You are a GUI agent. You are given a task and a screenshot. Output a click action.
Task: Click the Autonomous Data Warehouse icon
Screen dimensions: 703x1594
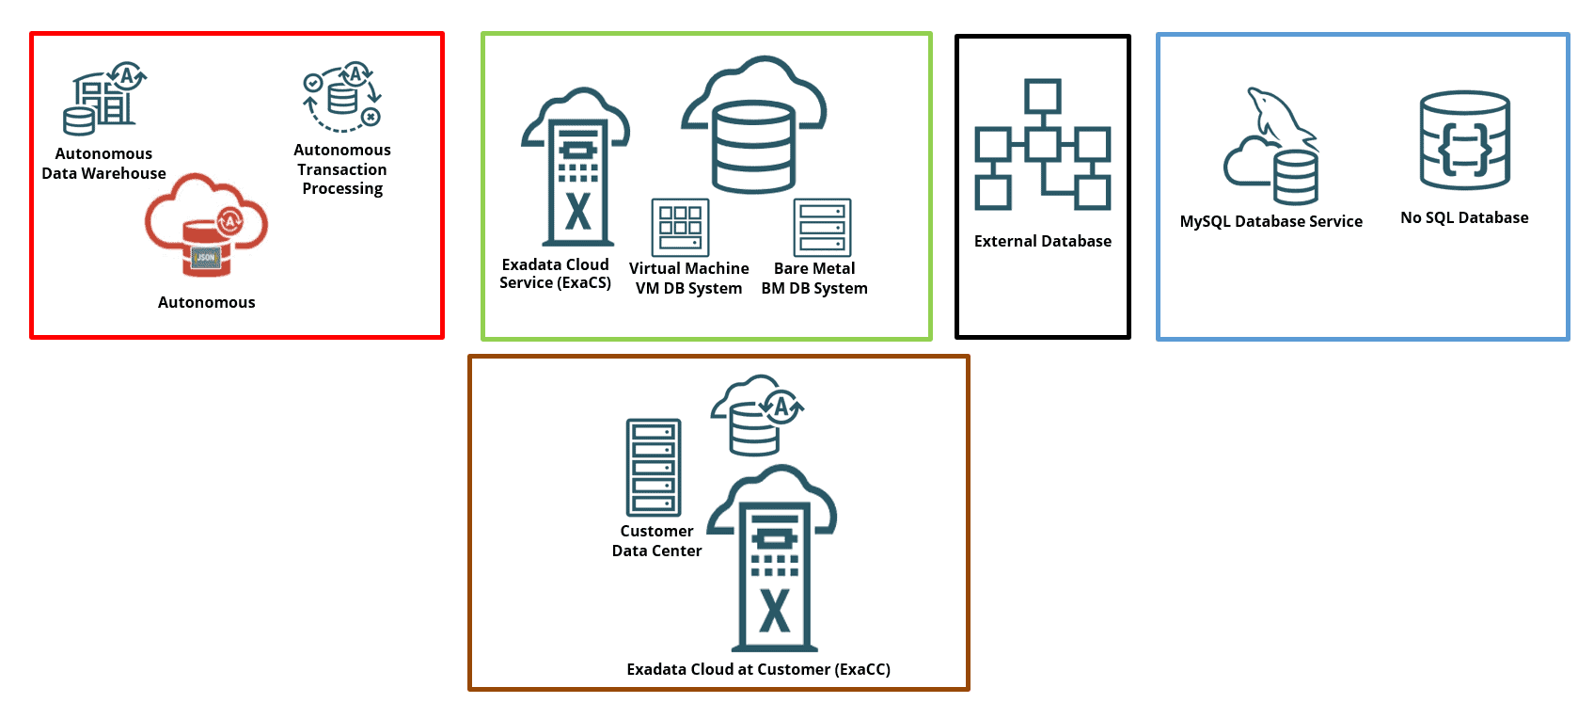104,99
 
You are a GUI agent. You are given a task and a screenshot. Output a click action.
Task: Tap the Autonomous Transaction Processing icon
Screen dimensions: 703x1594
342,98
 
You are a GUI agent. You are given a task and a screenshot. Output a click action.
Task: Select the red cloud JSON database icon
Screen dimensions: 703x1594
206,226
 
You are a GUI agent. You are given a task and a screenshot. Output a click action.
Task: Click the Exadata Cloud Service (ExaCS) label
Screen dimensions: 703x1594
555,274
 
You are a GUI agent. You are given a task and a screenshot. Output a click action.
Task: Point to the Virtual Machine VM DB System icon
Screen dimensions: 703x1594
680,227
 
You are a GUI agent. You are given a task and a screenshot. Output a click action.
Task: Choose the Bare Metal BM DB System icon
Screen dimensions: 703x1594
822,227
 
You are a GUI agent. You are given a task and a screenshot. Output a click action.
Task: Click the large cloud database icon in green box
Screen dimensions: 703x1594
753,127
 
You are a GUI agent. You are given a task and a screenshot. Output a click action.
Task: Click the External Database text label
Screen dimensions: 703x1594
1042,242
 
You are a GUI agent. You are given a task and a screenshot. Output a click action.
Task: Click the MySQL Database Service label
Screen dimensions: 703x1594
1270,222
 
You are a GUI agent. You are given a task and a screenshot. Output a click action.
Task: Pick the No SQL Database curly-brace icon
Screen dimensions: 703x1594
1464,141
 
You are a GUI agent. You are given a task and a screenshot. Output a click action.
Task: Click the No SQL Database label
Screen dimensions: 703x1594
1464,218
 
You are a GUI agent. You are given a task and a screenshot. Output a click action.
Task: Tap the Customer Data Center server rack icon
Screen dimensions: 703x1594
654,468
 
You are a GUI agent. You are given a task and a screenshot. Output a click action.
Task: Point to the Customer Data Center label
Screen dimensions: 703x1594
656,541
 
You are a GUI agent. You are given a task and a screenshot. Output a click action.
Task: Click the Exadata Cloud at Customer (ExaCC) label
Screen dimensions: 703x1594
758,670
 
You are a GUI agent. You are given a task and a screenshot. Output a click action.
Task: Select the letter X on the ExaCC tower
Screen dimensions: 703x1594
774,612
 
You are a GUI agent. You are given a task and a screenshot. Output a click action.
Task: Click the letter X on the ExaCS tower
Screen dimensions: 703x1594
577,212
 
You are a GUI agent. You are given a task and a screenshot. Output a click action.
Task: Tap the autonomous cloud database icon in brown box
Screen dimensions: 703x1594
756,415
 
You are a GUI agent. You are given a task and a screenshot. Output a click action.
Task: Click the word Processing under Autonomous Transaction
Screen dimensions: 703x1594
342,189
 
